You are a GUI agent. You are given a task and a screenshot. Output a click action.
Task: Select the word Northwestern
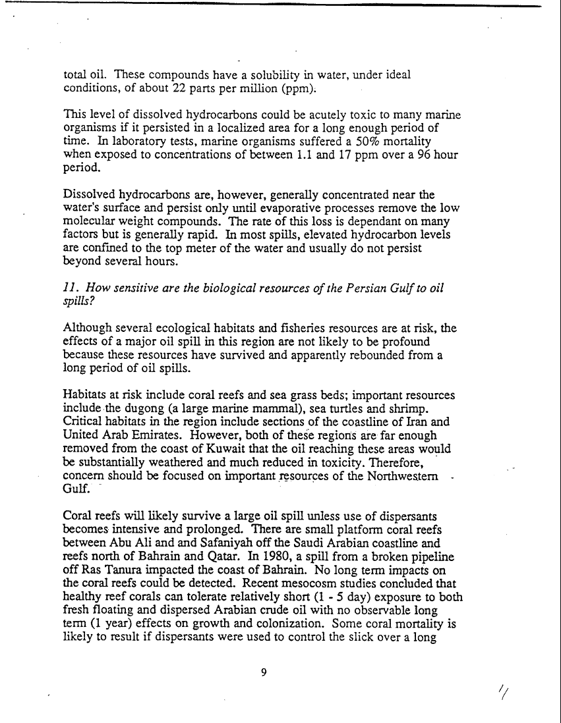[x=403, y=475]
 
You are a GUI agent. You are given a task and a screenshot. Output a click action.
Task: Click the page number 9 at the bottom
[x=264, y=672]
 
